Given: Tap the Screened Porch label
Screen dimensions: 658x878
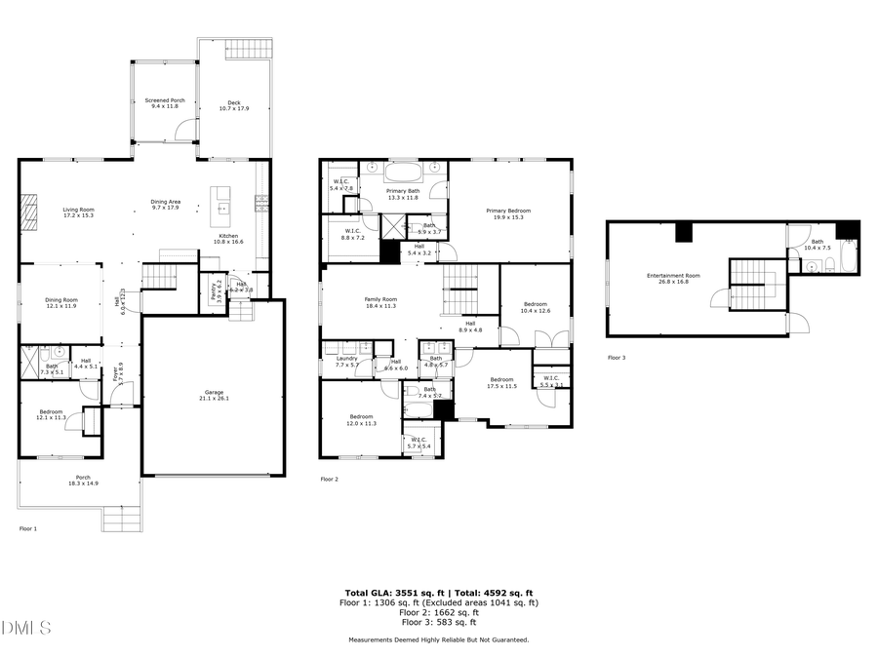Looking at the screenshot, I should coord(165,102).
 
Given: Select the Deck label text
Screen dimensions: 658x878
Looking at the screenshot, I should coord(234,104).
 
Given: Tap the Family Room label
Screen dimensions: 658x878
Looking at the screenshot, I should coord(381,301).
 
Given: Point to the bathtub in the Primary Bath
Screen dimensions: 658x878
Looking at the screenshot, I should coord(400,173).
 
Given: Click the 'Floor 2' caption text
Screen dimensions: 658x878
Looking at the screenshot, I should coord(330,480).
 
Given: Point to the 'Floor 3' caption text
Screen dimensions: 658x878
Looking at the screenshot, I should coord(617,358).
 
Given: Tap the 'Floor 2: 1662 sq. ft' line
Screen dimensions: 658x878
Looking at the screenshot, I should coord(438,612).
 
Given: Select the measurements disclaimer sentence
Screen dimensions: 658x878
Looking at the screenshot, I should coord(438,639).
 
